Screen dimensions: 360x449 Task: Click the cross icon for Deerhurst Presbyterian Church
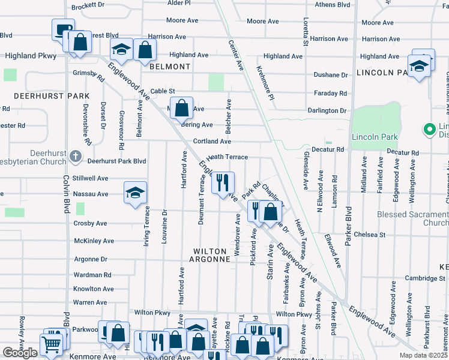coord(75,157)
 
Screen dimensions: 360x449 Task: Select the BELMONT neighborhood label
coord(170,67)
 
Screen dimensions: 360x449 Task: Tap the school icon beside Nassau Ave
coord(135,193)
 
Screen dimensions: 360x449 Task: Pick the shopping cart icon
coord(51,344)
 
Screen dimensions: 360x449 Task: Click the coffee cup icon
coord(63,29)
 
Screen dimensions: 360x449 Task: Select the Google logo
coord(20,353)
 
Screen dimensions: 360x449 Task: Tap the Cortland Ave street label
coord(212,142)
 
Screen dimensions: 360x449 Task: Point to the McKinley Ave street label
coord(94,241)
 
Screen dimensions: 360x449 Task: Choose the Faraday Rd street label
coord(331,93)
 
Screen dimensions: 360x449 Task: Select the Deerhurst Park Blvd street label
coord(117,161)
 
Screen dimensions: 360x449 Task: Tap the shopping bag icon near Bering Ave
coord(182,109)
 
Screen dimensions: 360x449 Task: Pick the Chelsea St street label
coord(369,235)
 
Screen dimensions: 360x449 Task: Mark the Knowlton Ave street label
coord(90,289)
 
